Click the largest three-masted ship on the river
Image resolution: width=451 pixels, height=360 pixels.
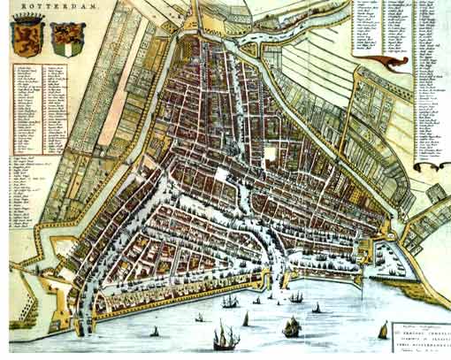[225, 337]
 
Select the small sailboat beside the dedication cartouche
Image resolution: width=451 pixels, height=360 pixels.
[383, 331]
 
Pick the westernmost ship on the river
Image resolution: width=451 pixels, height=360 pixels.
[156, 332]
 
